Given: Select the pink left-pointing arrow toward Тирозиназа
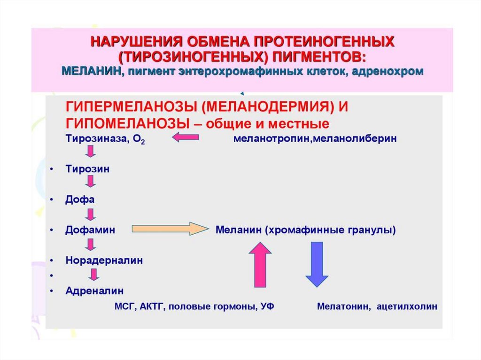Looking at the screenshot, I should pyautogui.click(x=186, y=138).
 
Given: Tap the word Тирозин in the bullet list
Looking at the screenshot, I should pyautogui.click(x=87, y=169).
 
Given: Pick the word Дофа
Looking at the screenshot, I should pyautogui.click(x=80, y=199).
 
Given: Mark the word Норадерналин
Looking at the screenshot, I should pyautogui.click(x=104, y=260).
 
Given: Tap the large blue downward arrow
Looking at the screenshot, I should pyautogui.click(x=317, y=264).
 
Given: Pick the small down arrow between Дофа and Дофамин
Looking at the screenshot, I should pyautogui.click(x=91, y=214).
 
